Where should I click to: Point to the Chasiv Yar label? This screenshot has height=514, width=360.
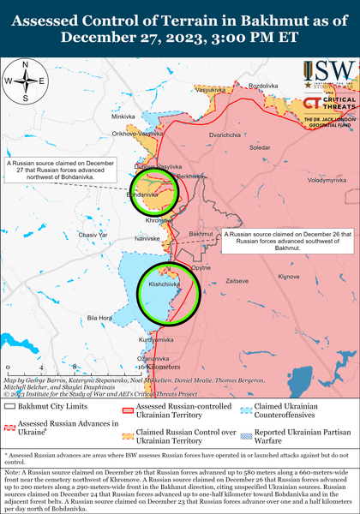tap(93, 235)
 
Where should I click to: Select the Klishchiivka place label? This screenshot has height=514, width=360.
tap(163, 283)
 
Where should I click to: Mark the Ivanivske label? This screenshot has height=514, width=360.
tap(149, 239)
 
